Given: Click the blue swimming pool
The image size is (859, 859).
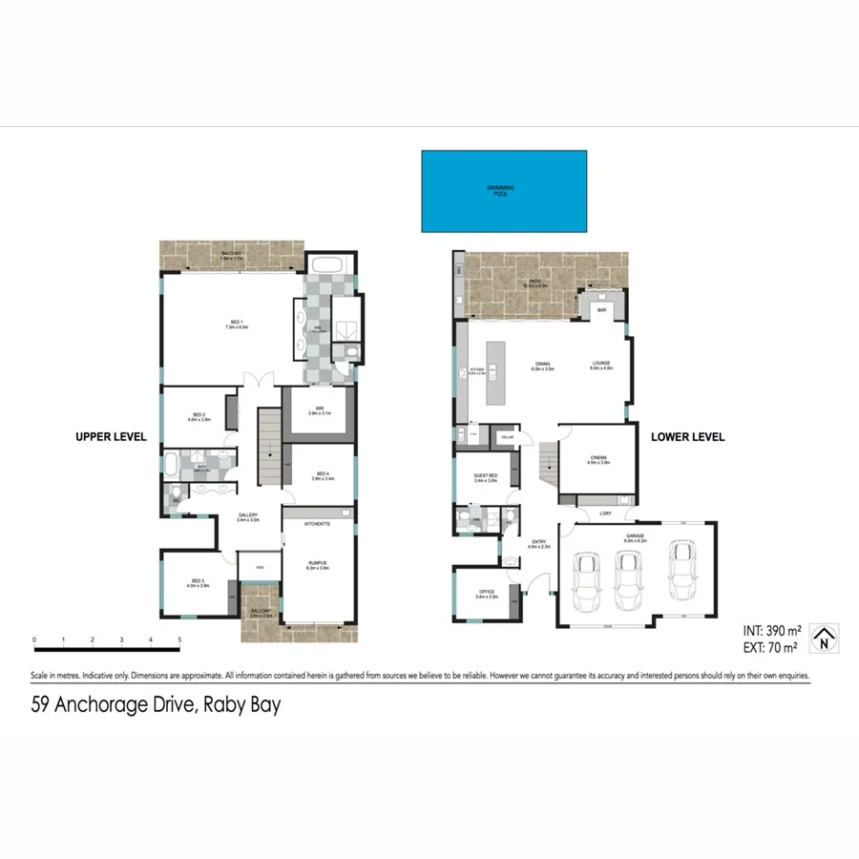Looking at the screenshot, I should [504, 191].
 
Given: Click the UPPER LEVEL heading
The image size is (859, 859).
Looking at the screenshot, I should [111, 437].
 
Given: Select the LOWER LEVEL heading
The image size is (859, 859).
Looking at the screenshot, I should [687, 437].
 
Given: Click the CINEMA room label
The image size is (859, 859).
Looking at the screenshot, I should [598, 459].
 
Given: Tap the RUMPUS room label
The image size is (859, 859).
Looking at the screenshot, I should [317, 564].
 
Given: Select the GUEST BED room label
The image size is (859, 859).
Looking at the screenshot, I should [487, 477].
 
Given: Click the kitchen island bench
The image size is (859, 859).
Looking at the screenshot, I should [495, 373].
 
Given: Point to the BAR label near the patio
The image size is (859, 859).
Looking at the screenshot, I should [602, 310].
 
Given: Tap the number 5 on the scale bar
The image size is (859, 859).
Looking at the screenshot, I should [179, 640].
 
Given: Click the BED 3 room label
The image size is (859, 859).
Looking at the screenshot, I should [198, 581].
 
